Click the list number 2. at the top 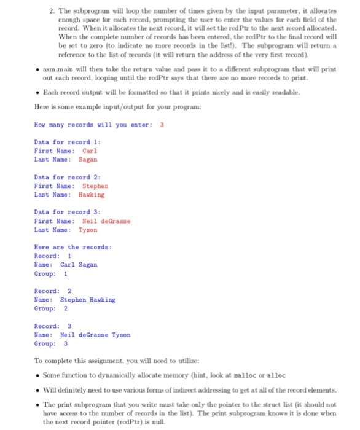(40, 11)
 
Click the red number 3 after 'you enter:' (162, 125)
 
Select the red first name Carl (90, 150)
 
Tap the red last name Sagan (87, 159)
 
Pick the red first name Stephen (95, 186)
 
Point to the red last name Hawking (92, 194)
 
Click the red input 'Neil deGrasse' (106, 221)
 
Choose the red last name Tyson (87, 230)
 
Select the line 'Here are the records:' (72, 247)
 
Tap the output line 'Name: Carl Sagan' (66, 265)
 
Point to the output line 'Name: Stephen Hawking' (75, 300)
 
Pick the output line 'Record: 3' (53, 326)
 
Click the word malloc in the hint (249, 375)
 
